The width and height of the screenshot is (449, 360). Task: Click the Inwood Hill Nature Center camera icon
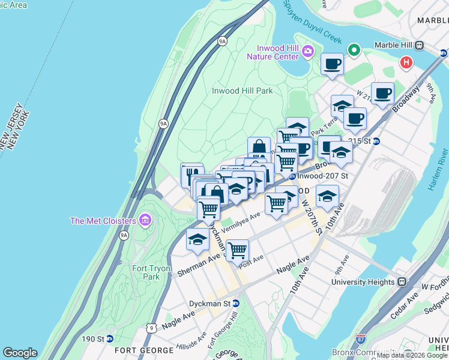click(x=309, y=50)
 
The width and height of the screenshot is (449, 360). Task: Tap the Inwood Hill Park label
click(x=243, y=91)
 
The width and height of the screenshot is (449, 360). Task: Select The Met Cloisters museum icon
click(x=144, y=221)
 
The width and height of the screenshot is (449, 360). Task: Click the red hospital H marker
click(x=407, y=62)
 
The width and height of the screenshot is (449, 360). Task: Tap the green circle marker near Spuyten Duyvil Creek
click(x=354, y=50)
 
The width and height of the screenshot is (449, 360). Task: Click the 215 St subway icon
click(x=376, y=142)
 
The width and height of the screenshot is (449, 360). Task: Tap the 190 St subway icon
click(x=109, y=339)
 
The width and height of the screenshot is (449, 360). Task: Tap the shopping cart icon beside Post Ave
click(x=238, y=248)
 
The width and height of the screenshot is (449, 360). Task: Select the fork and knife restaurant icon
click(x=191, y=174)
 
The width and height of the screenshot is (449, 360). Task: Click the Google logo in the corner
click(x=20, y=353)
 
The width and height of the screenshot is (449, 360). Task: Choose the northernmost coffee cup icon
click(x=332, y=64)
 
